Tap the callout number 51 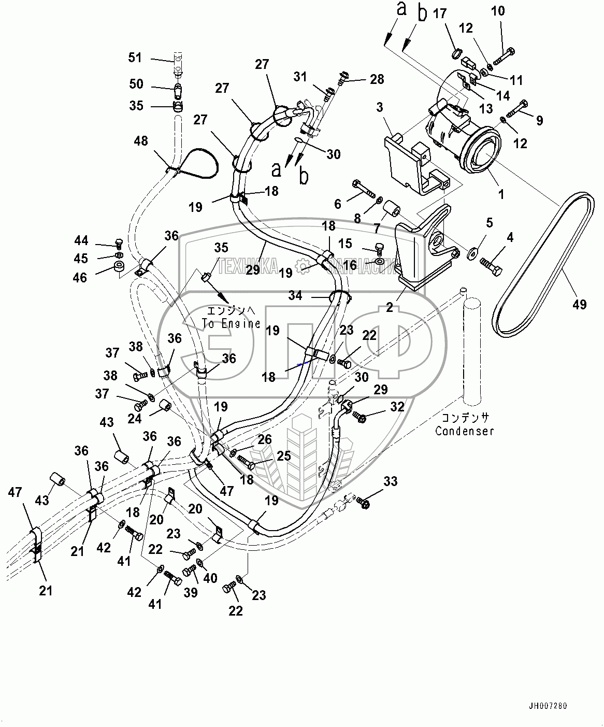135,58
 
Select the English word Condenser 465,431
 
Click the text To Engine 231,323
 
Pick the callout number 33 391,482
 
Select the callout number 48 140,141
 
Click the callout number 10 498,11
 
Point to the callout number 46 80,277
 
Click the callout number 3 380,108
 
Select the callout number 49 580,305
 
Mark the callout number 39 191,592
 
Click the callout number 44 81,240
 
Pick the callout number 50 136,84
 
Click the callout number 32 397,407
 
